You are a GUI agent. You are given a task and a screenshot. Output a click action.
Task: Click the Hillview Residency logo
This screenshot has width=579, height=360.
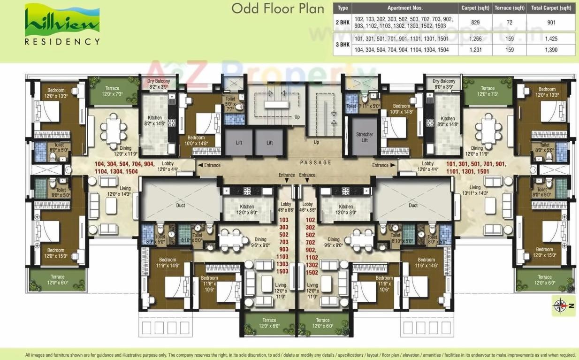coord(62,24)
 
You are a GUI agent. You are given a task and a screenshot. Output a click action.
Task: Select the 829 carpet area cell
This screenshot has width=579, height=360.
coord(475,22)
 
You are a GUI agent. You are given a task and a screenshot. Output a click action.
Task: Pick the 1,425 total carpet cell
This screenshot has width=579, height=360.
coord(551,38)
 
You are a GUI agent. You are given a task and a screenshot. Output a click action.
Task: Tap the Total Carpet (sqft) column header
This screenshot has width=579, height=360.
coord(551,8)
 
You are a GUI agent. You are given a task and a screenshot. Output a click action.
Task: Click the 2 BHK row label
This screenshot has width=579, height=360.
coord(343,22)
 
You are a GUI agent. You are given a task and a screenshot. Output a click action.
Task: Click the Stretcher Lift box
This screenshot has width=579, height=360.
coord(364,137)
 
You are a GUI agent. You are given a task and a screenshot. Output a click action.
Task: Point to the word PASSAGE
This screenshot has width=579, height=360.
coord(316,162)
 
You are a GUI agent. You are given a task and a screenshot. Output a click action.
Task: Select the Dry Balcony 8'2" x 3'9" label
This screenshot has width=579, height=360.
coord(159,84)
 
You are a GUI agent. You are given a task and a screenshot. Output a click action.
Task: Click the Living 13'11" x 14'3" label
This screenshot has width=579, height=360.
coord(475,190)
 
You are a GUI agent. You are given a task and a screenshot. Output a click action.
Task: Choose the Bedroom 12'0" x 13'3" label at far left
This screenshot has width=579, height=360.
coord(55,92)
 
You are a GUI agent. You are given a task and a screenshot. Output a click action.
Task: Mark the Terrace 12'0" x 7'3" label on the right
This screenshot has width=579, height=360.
coord(488,91)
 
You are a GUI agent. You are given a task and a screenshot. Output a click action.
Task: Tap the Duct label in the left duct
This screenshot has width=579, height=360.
coord(180,205)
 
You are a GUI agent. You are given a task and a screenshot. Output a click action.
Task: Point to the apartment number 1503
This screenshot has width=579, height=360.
coord(282,272)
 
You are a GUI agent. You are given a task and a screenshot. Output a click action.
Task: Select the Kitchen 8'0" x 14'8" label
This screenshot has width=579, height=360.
coord(448,122)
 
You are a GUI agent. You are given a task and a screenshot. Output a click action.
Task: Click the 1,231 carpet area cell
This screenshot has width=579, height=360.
coord(475,50)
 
